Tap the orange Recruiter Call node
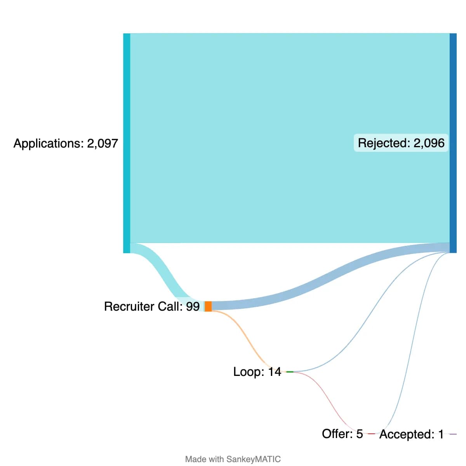pyautogui.click(x=208, y=306)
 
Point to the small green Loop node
pyautogui.click(x=290, y=372)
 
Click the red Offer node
pyautogui.click(x=371, y=434)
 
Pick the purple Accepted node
pyautogui.click(x=453, y=434)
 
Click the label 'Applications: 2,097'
pyautogui.click(x=66, y=143)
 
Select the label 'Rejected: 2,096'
pyautogui.click(x=401, y=143)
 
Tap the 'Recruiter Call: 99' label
pyautogui.click(x=151, y=306)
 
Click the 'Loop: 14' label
pyautogui.click(x=257, y=372)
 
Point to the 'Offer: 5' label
pyautogui.click(x=342, y=433)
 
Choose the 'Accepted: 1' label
pyautogui.click(x=411, y=434)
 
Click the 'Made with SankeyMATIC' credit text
pyautogui.click(x=233, y=459)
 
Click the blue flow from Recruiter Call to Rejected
pyautogui.click(x=330, y=272)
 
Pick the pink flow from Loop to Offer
pyautogui.click(x=330, y=404)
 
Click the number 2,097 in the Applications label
pyautogui.click(x=102, y=143)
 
